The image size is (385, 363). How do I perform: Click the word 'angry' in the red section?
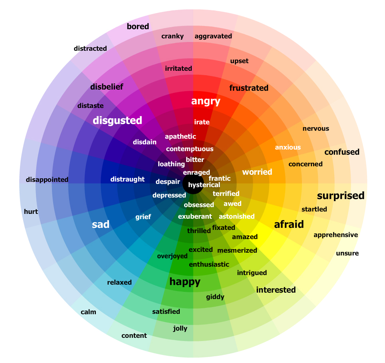pos(206,101)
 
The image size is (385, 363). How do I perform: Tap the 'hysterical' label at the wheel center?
pos(204,185)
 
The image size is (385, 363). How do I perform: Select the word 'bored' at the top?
pos(138,26)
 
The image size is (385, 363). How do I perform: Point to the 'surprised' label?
pos(341,196)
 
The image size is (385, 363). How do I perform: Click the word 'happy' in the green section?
pos(185,282)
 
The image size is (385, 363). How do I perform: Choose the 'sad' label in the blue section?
pos(100,224)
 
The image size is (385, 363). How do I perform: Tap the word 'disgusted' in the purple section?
pos(117,120)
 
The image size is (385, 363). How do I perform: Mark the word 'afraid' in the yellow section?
pos(289,224)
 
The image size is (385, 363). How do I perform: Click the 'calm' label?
pos(88,312)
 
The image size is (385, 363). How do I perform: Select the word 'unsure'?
pos(347,253)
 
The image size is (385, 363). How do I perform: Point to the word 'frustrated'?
pos(249,88)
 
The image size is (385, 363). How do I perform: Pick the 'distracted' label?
pos(90,48)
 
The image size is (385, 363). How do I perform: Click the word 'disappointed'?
pos(47,180)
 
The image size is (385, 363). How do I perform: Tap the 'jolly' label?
pos(180,329)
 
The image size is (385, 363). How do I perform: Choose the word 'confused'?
pos(342,152)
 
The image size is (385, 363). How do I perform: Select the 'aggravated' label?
pos(213,36)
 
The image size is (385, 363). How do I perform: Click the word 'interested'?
pos(276,290)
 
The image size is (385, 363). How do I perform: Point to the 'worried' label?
pos(257,172)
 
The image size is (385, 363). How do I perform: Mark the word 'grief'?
pos(143,217)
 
